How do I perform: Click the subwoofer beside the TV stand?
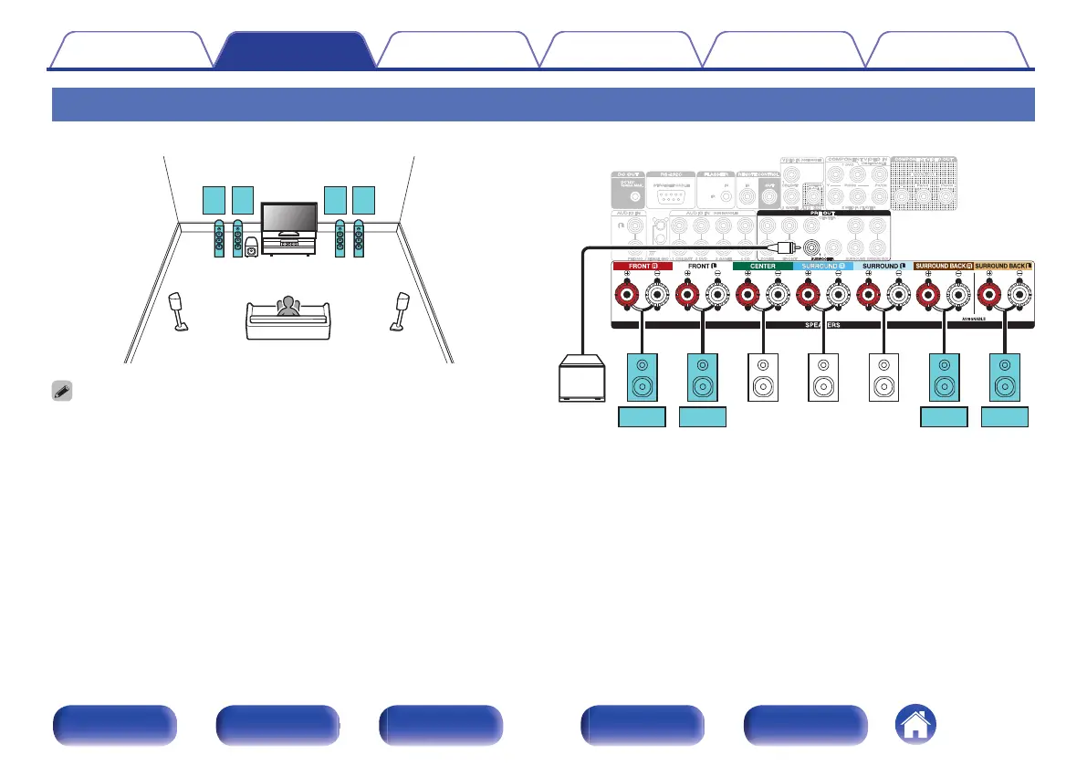click(251, 247)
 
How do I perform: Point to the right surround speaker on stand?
click(401, 310)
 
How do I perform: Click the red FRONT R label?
click(641, 266)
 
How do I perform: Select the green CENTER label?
click(762, 266)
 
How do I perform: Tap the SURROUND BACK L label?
click(1005, 266)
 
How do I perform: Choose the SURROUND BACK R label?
click(944, 266)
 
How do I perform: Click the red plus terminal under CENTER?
click(748, 295)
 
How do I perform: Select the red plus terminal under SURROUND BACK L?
click(990, 295)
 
